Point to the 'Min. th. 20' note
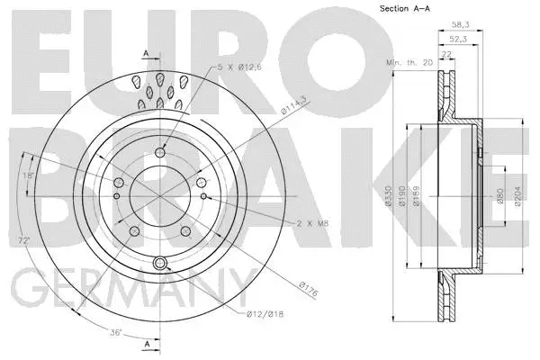409,61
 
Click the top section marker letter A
145,54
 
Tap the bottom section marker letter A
145,344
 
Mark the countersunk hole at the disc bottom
161,263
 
